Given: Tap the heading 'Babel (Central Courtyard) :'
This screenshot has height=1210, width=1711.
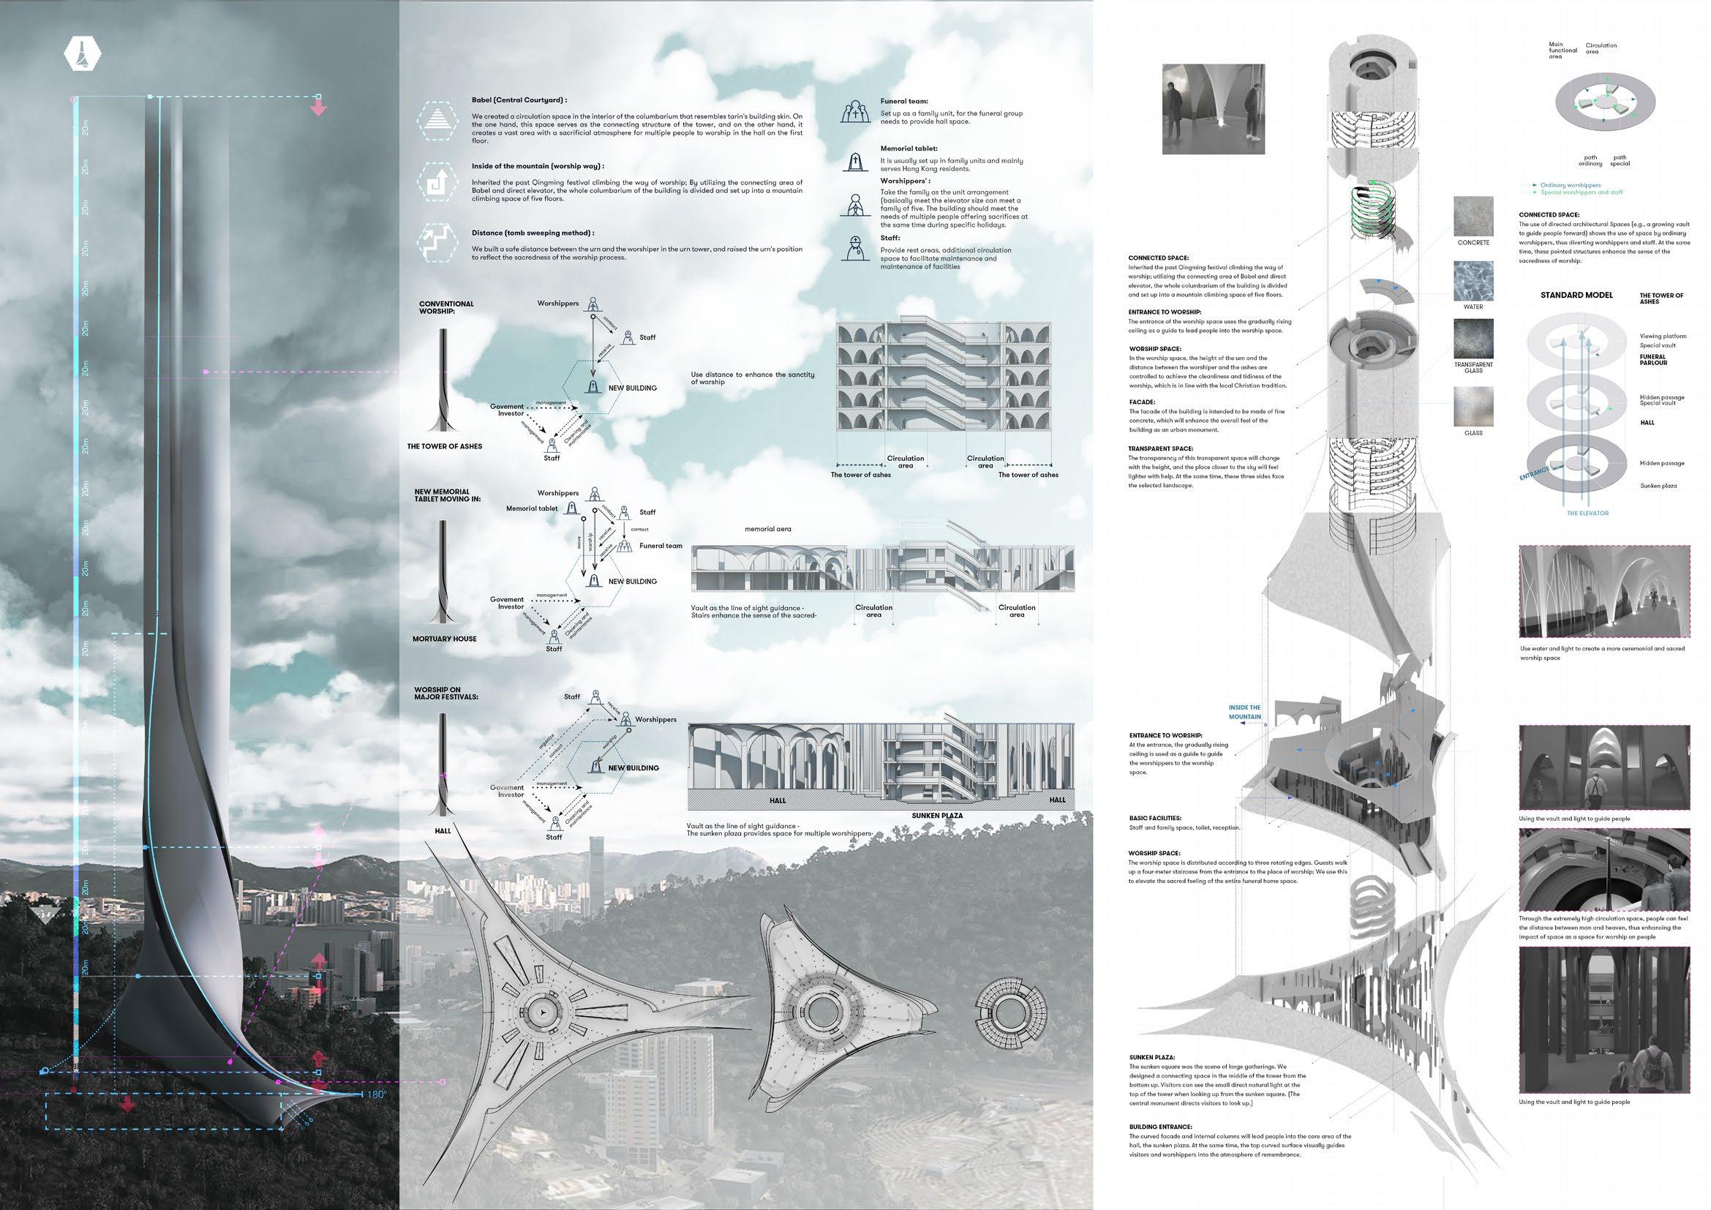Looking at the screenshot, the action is (519, 99).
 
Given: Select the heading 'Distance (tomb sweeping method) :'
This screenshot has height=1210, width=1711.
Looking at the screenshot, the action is (532, 233).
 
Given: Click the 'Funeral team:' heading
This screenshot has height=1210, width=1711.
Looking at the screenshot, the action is (904, 102).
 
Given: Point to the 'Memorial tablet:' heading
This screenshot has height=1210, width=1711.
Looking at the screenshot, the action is (909, 149).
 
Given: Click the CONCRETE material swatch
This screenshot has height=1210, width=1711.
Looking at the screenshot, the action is (1473, 217).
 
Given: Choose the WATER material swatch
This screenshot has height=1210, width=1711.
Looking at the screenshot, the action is (1473, 281).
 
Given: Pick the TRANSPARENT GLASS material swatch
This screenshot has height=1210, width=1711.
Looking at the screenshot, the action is (1473, 339).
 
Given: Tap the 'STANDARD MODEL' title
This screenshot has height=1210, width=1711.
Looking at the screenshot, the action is (1576, 295).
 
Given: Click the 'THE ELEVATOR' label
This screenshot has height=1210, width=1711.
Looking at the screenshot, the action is (1587, 514).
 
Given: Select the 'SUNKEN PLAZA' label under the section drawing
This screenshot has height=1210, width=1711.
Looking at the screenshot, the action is (936, 815).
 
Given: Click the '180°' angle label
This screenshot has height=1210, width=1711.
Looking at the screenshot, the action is (376, 1095).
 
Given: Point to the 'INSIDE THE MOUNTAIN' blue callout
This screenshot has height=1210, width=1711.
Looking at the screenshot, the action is (1244, 713).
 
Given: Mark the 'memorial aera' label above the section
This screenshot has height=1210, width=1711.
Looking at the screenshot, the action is (767, 529).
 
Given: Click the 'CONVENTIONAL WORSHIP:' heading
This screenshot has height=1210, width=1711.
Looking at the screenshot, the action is (445, 308).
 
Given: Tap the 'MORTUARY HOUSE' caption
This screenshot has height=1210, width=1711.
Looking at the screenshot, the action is (444, 639).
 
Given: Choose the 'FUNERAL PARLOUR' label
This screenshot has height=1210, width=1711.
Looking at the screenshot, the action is (1653, 360).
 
